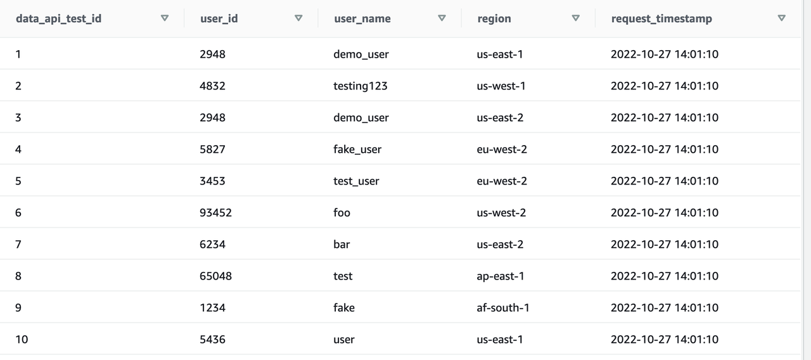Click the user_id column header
pos(219,18)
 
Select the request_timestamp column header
pos(661,18)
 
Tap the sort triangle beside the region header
pos(575,18)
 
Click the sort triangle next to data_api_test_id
pos(165,18)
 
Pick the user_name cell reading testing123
pos(360,86)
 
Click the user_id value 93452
pos(215,212)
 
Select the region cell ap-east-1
pos(500,276)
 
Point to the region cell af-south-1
pos(502,307)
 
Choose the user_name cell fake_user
pos(357,149)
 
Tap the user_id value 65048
pos(215,276)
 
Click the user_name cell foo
pos(342,212)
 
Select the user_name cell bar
pos(342,244)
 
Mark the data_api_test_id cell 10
pos(22,339)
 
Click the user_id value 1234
pos(212,307)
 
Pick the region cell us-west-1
pos(501,86)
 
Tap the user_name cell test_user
pos(356,181)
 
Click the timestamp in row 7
pos(665,244)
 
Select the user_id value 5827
pos(212,149)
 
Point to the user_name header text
pos(362,18)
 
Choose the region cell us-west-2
pos(501,212)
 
